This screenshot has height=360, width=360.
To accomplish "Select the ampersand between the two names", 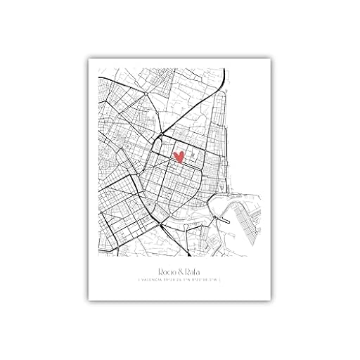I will coord(181,269).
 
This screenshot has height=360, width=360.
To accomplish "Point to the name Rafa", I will coord(193,269).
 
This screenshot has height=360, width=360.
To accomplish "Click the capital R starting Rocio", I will coord(155,269).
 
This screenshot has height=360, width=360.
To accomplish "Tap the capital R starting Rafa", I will coord(188,269).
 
